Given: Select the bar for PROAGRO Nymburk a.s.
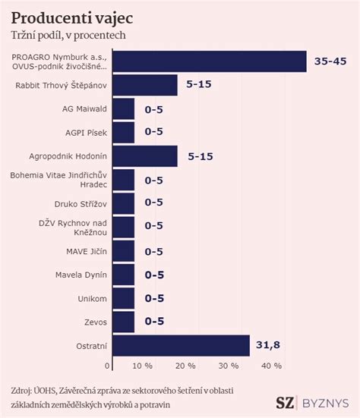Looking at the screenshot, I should (209, 61).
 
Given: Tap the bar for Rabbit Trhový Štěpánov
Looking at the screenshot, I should (144, 85).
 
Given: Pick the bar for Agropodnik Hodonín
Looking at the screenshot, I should (144, 156).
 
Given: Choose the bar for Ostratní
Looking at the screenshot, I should (181, 345).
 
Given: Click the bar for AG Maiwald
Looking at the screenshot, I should (123, 108).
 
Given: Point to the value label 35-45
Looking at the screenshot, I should (330, 61).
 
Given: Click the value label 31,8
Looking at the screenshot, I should (267, 345).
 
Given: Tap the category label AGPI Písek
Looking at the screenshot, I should (86, 133).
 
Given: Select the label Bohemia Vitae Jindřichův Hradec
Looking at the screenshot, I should (59, 180).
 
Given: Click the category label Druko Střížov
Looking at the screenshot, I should (81, 203).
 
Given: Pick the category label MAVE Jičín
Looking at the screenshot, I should (86, 251).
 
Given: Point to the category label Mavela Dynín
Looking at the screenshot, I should (81, 275).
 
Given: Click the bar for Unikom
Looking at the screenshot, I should (123, 298).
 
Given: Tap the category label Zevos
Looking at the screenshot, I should (95, 322).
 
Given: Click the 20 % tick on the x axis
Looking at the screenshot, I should (185, 366).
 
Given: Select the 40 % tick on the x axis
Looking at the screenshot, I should (270, 366).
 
